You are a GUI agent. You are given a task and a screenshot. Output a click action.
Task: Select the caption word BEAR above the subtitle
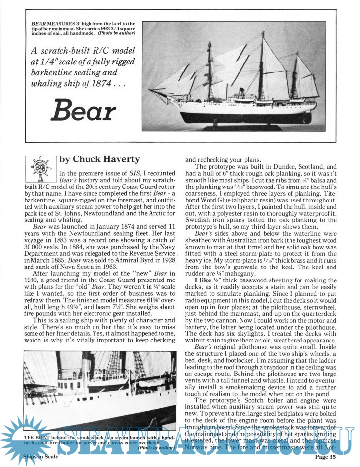pos(38,24)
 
